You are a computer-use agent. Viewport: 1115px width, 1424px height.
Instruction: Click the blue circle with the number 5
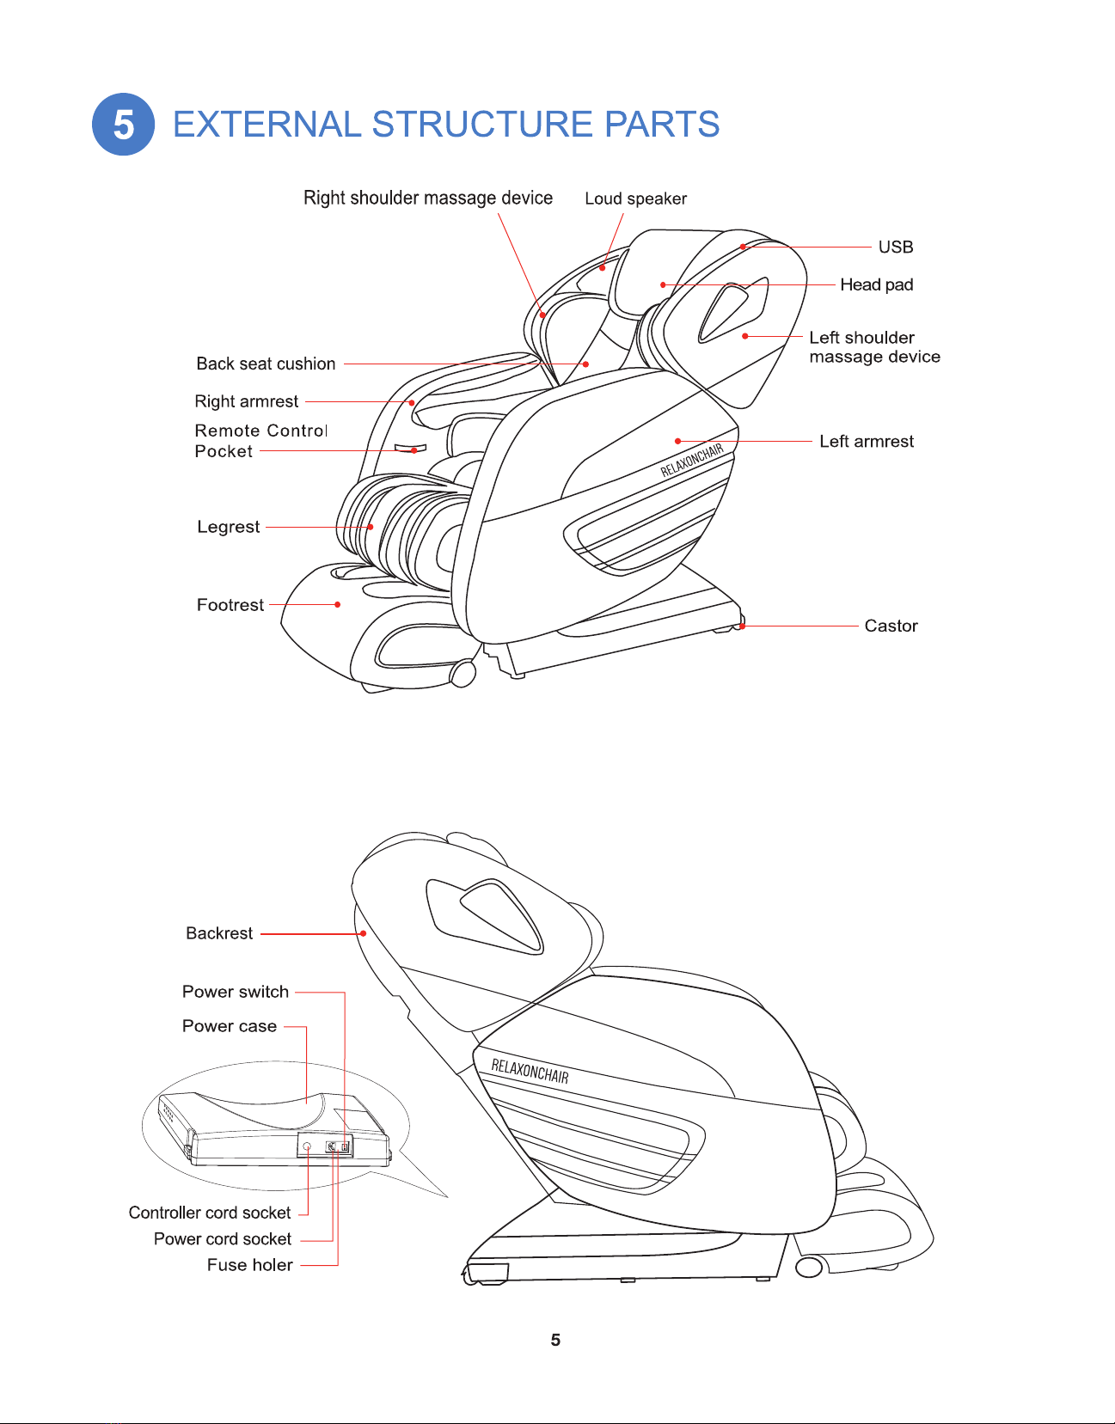click(x=123, y=125)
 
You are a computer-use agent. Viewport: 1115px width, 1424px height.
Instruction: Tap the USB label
click(x=896, y=247)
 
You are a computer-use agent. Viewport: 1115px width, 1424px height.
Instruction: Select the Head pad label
click(x=876, y=285)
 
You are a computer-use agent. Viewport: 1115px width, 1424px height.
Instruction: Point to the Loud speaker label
click(x=636, y=199)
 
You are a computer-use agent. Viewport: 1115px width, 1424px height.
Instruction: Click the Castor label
click(x=891, y=626)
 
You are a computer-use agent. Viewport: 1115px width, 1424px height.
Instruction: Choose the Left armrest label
click(x=867, y=441)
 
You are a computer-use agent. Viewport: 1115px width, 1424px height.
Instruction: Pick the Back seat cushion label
click(x=266, y=364)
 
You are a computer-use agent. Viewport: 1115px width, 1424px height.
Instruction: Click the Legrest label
click(x=228, y=527)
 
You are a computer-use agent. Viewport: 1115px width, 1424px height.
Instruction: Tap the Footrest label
click(x=230, y=605)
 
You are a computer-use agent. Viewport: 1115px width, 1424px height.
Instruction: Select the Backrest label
click(x=219, y=933)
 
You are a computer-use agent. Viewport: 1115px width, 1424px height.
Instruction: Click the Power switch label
click(x=236, y=992)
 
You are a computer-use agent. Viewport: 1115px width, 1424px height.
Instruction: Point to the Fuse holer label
click(x=250, y=1265)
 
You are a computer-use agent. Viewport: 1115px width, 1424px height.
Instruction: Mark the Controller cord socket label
click(x=210, y=1213)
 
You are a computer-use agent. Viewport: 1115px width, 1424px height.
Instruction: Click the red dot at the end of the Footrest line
click(x=338, y=605)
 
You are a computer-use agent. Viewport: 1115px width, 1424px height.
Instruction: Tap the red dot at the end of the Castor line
click(x=743, y=626)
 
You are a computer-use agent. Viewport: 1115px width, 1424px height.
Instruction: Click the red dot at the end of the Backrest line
click(x=363, y=933)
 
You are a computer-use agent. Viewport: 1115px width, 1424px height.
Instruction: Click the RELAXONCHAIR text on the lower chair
click(x=530, y=1071)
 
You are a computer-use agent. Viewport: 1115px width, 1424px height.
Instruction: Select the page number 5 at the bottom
click(x=556, y=1340)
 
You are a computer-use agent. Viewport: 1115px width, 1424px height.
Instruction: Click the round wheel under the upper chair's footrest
click(x=463, y=674)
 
